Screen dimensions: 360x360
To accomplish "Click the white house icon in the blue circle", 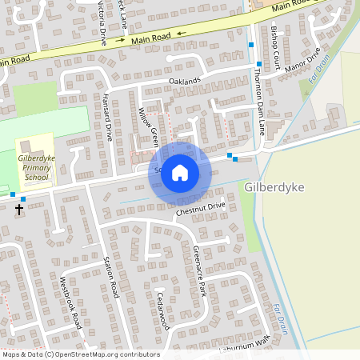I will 180,172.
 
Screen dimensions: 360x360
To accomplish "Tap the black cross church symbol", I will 19,210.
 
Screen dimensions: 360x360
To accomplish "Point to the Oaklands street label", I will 183,82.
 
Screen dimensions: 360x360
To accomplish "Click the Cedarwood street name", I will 162,310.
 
